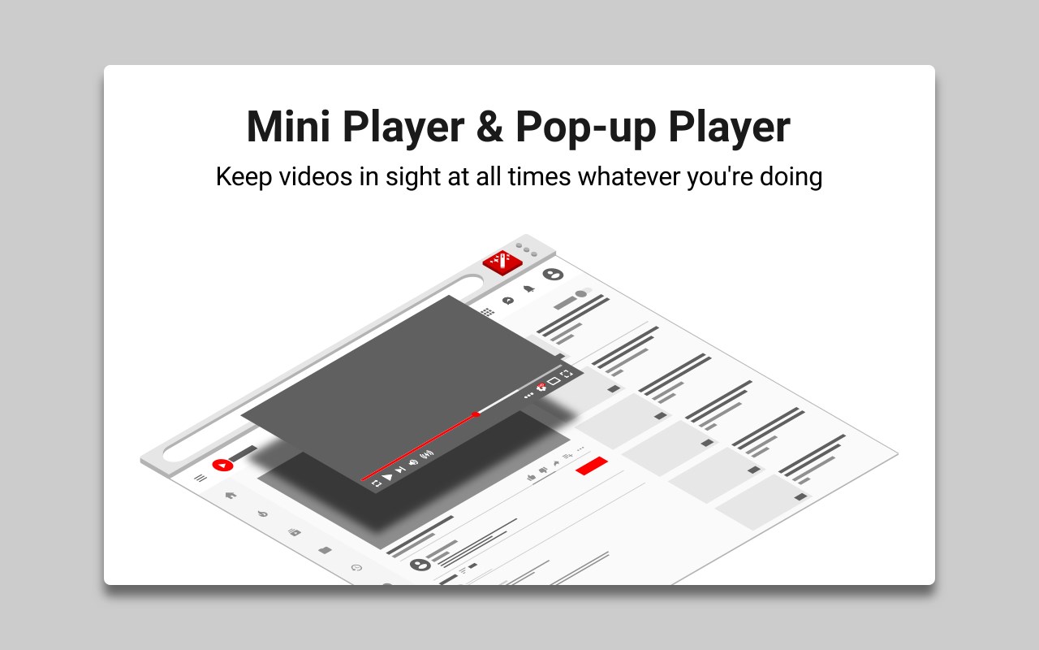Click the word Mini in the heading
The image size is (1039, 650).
coord(288,126)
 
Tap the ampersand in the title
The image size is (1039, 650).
coord(489,126)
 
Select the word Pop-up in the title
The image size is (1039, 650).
coord(586,128)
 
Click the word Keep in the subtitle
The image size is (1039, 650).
coord(244,177)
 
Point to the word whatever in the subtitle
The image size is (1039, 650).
coord(628,177)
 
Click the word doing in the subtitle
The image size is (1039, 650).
coord(791,177)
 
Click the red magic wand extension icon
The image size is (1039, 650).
coord(502,262)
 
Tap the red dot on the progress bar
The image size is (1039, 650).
coord(476,414)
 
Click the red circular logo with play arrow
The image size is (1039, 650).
coord(222,465)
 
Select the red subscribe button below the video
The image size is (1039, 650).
coord(592,466)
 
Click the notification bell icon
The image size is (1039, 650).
coord(528,288)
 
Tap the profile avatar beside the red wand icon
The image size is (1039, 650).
coord(553,275)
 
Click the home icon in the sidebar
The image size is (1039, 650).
coord(231,495)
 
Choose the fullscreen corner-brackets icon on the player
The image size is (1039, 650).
coord(567,374)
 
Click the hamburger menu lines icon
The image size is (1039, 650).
coord(200,478)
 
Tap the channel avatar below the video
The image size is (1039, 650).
coord(420,564)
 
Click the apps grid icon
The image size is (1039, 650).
coord(487,311)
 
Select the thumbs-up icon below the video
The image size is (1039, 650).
coord(532,477)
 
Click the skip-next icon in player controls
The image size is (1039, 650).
coord(400,470)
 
